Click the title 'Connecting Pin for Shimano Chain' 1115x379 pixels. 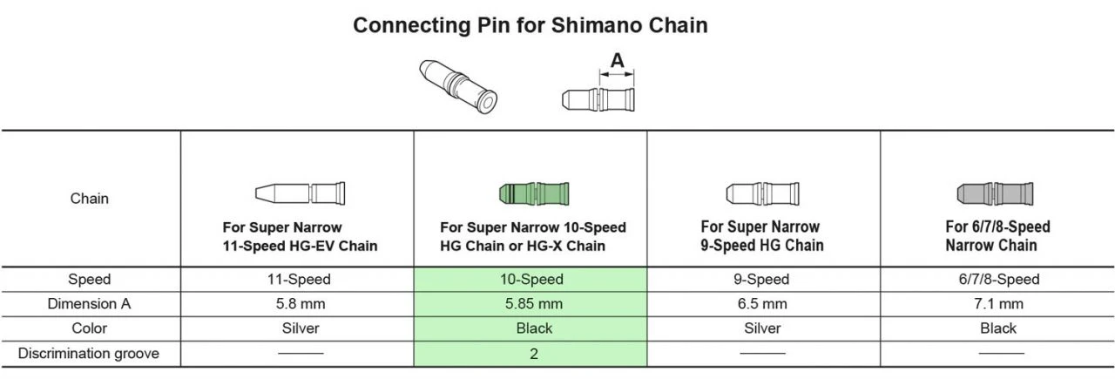pyautogui.click(x=530, y=25)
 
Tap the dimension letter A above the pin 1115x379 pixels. pyautogui.click(x=617, y=61)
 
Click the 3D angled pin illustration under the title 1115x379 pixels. pyautogui.click(x=458, y=87)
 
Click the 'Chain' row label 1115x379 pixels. pyautogui.click(x=90, y=199)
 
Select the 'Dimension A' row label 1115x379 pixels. pyautogui.click(x=90, y=304)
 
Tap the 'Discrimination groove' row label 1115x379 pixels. pyautogui.click(x=90, y=354)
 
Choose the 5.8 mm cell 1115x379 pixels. pyautogui.click(x=298, y=304)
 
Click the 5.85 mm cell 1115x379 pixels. pyautogui.click(x=531, y=304)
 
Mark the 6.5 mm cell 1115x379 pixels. pyautogui.click(x=763, y=304)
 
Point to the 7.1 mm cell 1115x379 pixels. pyautogui.click(x=997, y=304)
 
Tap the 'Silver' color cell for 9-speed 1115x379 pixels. pyautogui.click(x=763, y=328)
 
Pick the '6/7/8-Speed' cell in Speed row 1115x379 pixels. pyautogui.click(x=997, y=280)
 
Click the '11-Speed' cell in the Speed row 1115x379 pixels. pyautogui.click(x=298, y=280)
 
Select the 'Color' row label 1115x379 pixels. pyautogui.click(x=90, y=328)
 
